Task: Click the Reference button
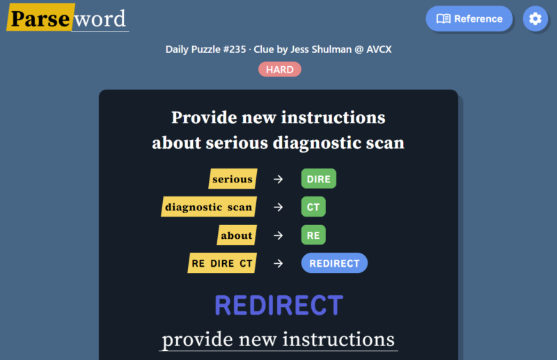point(469,19)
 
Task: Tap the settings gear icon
point(535,19)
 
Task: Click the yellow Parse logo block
point(40,17)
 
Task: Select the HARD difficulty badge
point(280,70)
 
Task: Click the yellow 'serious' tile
point(233,179)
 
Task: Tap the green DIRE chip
point(319,179)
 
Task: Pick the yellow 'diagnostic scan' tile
point(209,207)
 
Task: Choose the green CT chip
point(313,207)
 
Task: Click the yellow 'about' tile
point(237,235)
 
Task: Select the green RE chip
point(313,235)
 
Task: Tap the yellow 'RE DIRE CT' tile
point(222,263)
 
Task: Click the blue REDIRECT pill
point(334,263)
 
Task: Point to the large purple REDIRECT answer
point(279,305)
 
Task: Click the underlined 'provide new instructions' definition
point(278,339)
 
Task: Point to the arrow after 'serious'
point(278,179)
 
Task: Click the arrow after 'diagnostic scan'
point(278,207)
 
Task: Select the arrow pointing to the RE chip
point(278,235)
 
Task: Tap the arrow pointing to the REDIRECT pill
point(278,263)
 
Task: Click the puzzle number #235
point(234,49)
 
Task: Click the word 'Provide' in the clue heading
point(204,117)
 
